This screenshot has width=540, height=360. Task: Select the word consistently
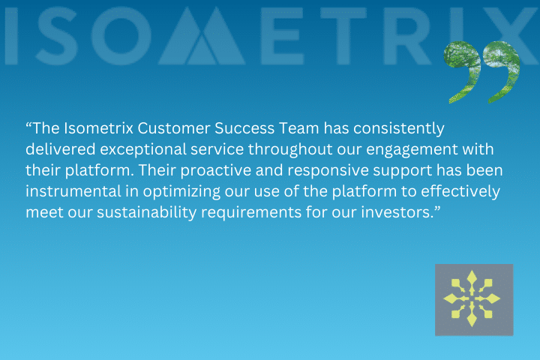pos(399,129)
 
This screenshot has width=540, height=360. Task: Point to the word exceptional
pos(143,150)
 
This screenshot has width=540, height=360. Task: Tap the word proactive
pos(216,171)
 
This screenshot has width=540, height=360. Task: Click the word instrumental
pos(73,191)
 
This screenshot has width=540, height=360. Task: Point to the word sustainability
pos(147,213)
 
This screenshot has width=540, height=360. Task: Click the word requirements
pos(251,213)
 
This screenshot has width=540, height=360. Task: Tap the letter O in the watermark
pos(121,36)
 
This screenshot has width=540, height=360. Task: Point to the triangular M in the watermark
pos(202,36)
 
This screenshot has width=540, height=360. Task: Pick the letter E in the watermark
pos(282,36)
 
